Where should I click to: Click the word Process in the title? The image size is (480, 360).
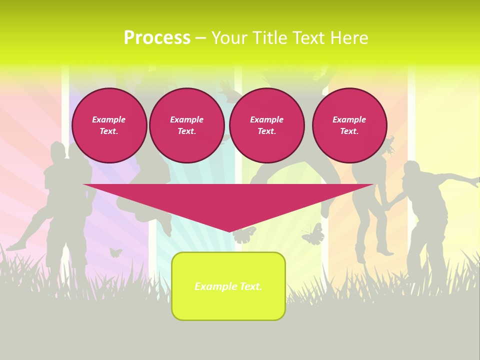pos(157,38)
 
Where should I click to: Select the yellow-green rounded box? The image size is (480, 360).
pos(228,305)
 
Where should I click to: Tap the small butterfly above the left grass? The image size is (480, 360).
pos(115,252)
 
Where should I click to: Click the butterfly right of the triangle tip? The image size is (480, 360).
pos(313,234)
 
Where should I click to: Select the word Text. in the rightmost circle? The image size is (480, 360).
pos(349,131)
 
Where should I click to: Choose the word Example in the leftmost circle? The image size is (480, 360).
pos(109,119)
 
